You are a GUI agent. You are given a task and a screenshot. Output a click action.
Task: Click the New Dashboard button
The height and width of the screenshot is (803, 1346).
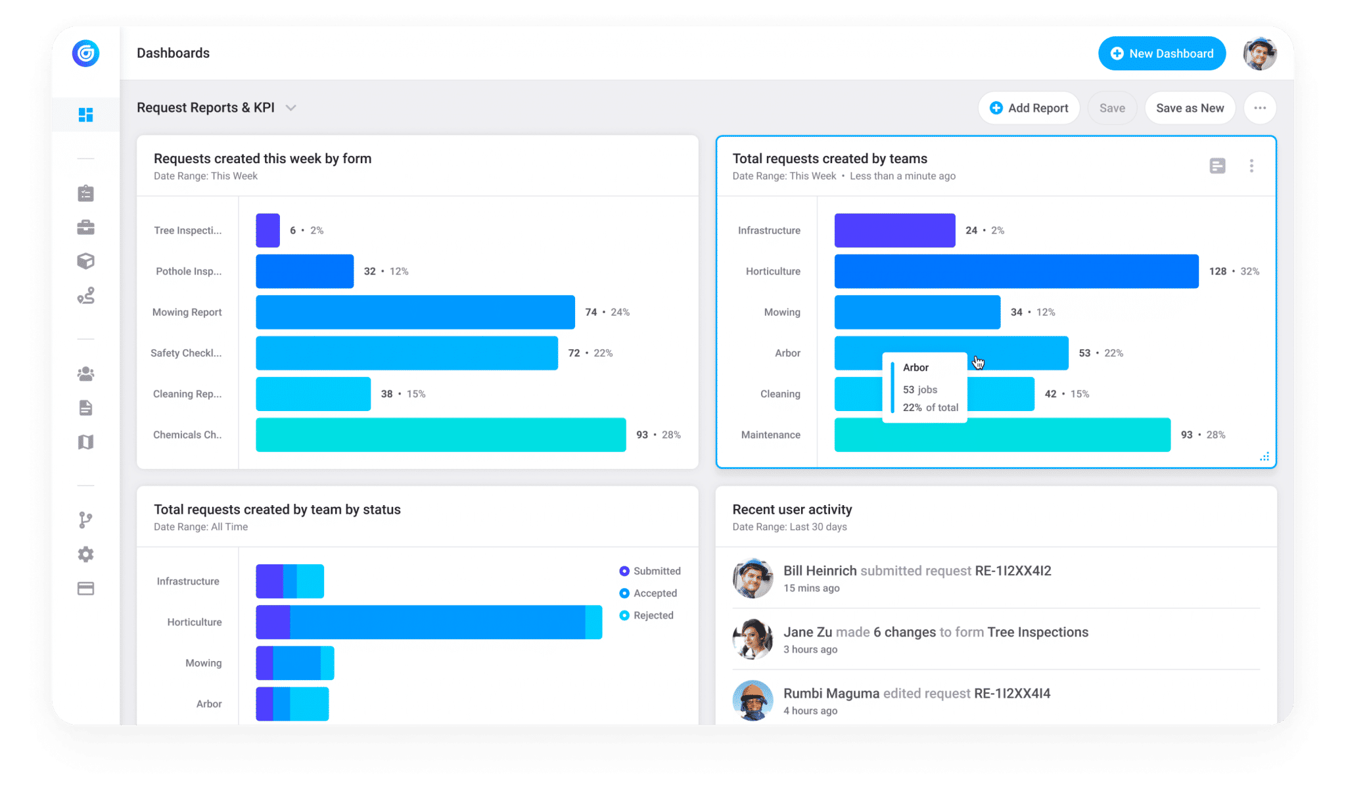1161,53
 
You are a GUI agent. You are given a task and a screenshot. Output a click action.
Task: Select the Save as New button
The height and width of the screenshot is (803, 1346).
1190,108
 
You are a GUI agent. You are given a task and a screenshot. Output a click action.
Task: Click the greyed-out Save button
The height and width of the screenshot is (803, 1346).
1112,108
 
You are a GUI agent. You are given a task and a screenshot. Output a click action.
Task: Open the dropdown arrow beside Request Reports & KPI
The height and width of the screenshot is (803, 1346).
291,108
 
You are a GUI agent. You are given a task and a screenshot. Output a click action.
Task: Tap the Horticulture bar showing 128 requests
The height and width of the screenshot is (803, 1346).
1016,271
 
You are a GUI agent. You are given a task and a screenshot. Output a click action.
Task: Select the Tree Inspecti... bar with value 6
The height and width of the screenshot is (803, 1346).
267,230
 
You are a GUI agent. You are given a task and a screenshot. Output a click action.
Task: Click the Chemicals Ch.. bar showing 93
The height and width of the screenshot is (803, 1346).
440,435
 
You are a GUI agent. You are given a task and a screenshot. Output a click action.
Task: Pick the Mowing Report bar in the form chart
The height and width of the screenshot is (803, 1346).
415,312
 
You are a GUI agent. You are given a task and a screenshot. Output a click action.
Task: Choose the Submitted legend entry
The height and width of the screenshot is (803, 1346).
650,571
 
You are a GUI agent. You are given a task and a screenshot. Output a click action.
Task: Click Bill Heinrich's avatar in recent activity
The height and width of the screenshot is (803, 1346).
753,578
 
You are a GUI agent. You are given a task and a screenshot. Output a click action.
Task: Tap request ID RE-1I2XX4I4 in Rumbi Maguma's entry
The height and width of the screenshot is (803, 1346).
1012,693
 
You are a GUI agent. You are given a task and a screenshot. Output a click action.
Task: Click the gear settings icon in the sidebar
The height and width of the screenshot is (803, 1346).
85,554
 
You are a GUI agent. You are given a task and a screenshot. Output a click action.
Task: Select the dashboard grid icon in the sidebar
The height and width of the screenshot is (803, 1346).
85,115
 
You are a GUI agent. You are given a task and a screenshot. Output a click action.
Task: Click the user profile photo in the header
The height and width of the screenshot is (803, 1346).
1259,53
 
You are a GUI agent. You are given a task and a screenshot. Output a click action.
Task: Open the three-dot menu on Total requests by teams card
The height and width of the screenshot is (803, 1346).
1251,166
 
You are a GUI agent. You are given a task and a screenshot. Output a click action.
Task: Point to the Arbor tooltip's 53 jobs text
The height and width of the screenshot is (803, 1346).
920,389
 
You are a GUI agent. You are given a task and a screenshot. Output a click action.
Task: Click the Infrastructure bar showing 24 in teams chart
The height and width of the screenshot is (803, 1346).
894,230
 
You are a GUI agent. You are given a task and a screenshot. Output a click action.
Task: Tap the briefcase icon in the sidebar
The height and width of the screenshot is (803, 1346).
85,228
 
